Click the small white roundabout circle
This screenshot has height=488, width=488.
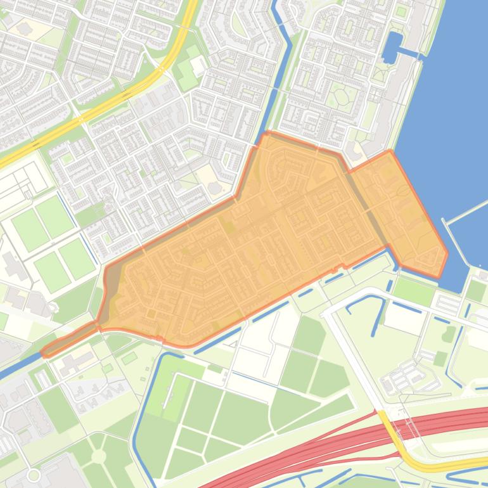pyautogui.click(x=34, y=475)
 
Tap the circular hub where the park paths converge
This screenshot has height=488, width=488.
pyautogui.click(x=98, y=456)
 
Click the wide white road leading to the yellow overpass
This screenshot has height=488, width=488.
pyautogui.click(x=355, y=361)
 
